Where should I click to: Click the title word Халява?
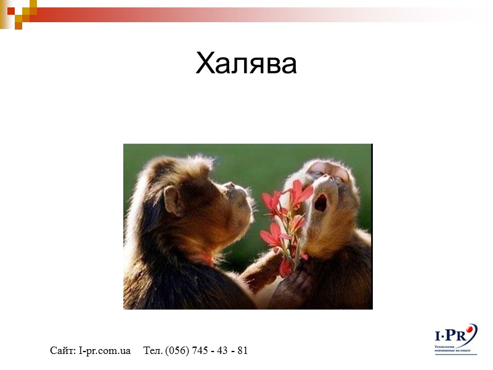[246, 64]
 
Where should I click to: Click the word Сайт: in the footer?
[63, 351]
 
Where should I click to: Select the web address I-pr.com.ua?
[105, 351]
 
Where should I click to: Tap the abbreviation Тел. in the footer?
[152, 351]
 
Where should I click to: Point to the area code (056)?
[176, 351]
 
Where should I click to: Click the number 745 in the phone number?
[200, 351]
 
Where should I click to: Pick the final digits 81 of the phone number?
[242, 351]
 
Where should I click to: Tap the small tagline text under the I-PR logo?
[453, 351]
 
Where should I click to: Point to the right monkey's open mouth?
[320, 202]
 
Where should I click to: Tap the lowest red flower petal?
[285, 267]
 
